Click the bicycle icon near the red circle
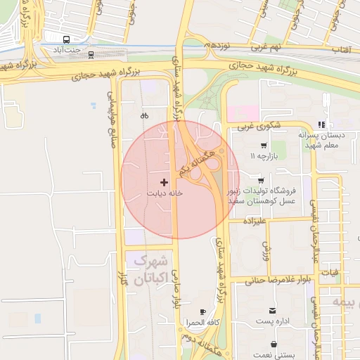[x=144, y=115]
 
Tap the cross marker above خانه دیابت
[x=165, y=182]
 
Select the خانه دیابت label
[x=165, y=192]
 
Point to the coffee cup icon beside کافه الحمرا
[x=203, y=311]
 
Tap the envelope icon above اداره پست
[x=272, y=311]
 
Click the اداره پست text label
[x=271, y=321]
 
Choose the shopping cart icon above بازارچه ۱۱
[x=263, y=146]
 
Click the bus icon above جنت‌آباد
[x=66, y=40]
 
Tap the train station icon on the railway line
[x=91, y=54]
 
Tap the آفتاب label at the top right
[x=341, y=50]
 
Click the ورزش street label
[x=266, y=248]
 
